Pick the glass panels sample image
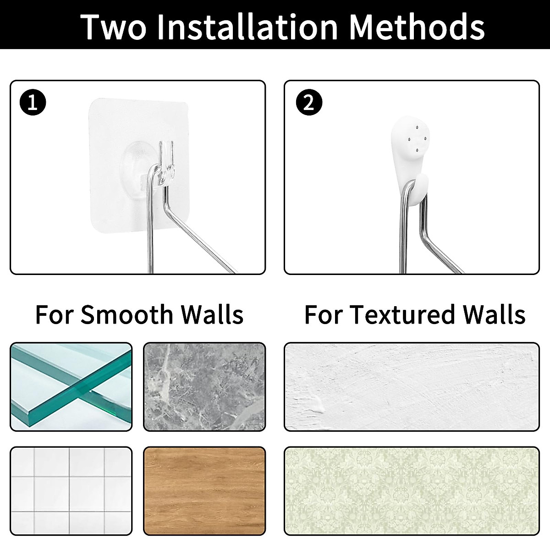[71, 387]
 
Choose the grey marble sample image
[204, 387]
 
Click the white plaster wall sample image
[412, 387]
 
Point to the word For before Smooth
[54, 315]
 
